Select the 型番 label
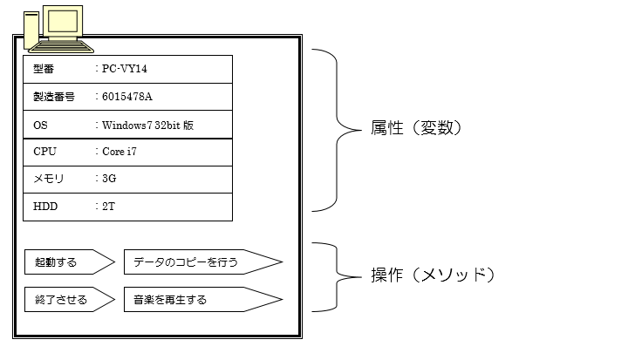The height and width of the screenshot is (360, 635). [x=44, y=69]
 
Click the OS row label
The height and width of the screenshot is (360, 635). [x=40, y=125]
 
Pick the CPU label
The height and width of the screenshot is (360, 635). [x=44, y=152]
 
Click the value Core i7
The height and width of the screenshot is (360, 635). [x=119, y=152]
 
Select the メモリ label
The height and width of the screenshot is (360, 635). [x=49, y=179]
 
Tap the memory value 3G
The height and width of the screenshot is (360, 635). [x=109, y=179]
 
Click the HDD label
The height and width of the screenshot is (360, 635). [x=44, y=207]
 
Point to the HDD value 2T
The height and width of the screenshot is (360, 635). [x=108, y=207]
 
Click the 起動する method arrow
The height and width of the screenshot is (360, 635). [x=68, y=261]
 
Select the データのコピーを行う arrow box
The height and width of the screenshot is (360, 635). [x=201, y=261]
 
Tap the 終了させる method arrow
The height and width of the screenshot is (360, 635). [x=68, y=300]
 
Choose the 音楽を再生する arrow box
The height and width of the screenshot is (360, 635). [x=201, y=300]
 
